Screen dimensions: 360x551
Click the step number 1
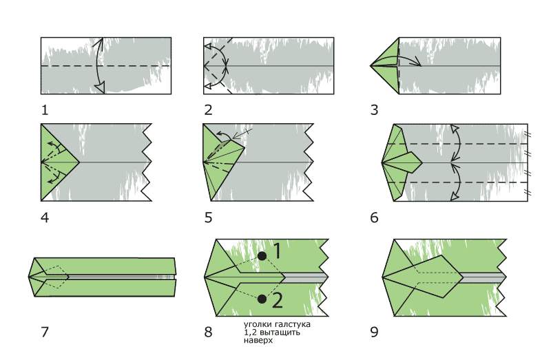coord(45,109)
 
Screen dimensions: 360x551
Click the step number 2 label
coord(209,109)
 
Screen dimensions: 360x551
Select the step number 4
coord(45,218)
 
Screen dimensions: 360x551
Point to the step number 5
coord(209,218)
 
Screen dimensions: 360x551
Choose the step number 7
coord(45,332)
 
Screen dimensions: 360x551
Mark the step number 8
coord(209,332)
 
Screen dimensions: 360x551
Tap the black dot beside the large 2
coord(262,299)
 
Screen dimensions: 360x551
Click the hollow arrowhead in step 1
coord(100,87)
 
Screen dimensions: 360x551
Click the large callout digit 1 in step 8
coord(276,252)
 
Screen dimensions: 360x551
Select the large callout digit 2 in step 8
coord(277,300)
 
